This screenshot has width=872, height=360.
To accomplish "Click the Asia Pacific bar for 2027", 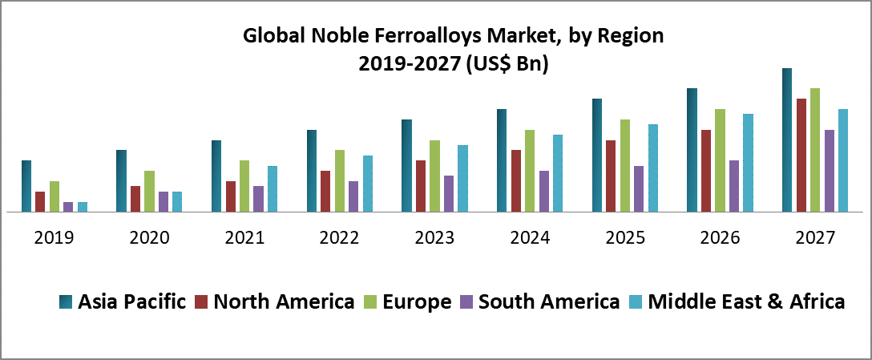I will pyautogui.click(x=787, y=140).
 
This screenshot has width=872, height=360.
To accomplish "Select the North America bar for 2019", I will pyautogui.click(x=40, y=202).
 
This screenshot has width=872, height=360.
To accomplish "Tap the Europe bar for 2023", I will pyautogui.click(x=435, y=176).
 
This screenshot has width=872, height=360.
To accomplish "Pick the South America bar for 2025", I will pyautogui.click(x=639, y=189).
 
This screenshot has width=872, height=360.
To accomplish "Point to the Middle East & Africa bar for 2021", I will pyautogui.click(x=272, y=189).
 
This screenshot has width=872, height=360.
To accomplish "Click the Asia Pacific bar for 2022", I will pyautogui.click(x=311, y=171).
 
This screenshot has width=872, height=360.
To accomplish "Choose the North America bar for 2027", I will pyautogui.click(x=801, y=156).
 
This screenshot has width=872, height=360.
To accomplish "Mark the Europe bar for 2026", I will pyautogui.click(x=720, y=160).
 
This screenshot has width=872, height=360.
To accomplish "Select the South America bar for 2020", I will pyautogui.click(x=163, y=202).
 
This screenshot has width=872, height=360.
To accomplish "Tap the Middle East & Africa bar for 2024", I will pyautogui.click(x=558, y=173).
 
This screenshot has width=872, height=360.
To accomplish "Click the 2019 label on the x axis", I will pyautogui.click(x=54, y=238).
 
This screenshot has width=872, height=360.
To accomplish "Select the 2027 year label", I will pyautogui.click(x=815, y=238).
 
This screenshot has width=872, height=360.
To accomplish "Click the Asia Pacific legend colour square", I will pyautogui.click(x=66, y=302).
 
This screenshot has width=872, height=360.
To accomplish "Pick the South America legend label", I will pyautogui.click(x=549, y=301).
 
